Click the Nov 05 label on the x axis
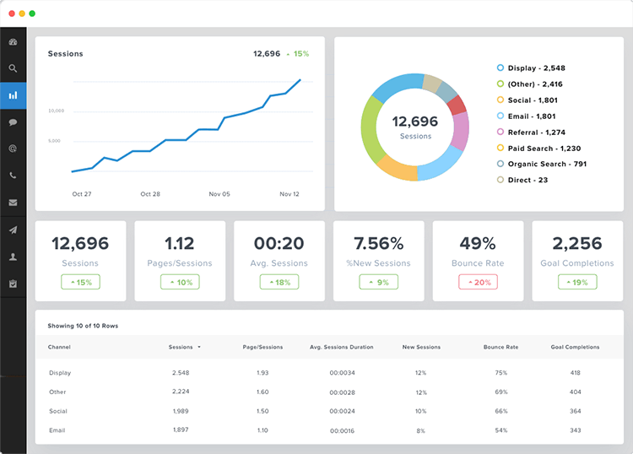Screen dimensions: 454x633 click(x=219, y=194)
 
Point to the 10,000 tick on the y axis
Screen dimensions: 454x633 click(x=56, y=111)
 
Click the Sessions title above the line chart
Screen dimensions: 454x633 click(x=66, y=54)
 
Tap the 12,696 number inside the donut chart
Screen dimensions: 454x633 click(x=415, y=122)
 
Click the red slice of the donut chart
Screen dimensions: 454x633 click(x=457, y=105)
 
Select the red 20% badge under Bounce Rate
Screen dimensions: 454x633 click(x=478, y=282)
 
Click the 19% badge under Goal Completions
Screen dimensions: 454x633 click(x=577, y=282)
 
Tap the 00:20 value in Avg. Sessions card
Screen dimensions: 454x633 click(x=279, y=244)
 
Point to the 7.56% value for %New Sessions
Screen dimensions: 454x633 click(x=378, y=244)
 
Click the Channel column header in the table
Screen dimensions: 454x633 click(x=59, y=347)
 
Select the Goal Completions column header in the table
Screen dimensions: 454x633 click(x=575, y=347)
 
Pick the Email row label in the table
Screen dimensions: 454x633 click(x=57, y=430)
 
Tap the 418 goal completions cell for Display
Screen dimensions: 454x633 click(x=575, y=373)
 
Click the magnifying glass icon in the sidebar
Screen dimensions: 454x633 click(x=13, y=68)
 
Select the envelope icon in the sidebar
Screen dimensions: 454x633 click(x=13, y=203)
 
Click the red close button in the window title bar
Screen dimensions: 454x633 click(x=11, y=14)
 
